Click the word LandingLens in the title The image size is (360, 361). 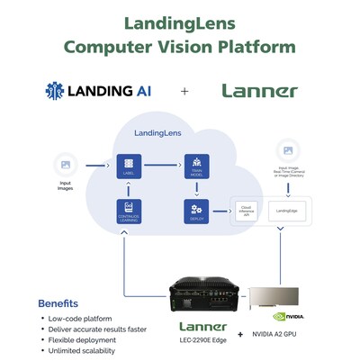pyautogui.click(x=180, y=21)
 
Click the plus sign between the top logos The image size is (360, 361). pyautogui.click(x=184, y=91)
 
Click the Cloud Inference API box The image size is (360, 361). pyautogui.click(x=246, y=212)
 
